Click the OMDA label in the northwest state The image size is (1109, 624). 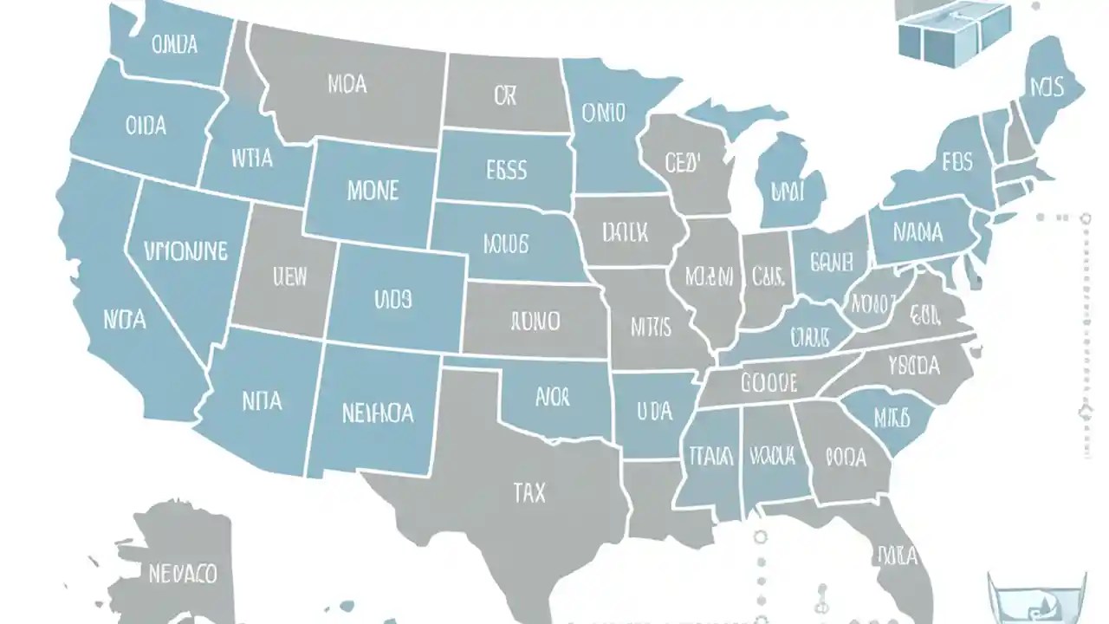(174, 44)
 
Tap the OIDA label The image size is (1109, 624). (145, 126)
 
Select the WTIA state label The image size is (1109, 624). (252, 159)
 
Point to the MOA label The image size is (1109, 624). (347, 84)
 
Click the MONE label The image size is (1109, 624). (373, 191)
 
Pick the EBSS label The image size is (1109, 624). (506, 169)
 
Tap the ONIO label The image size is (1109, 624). (603, 113)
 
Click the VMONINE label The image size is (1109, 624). (186, 252)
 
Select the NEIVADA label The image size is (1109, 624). (377, 413)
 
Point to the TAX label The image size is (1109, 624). (529, 493)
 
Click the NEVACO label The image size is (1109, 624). (183, 573)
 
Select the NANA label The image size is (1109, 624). (918, 233)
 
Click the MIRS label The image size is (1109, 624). (651, 327)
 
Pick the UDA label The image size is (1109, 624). (654, 409)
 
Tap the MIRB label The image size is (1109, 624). (892, 418)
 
